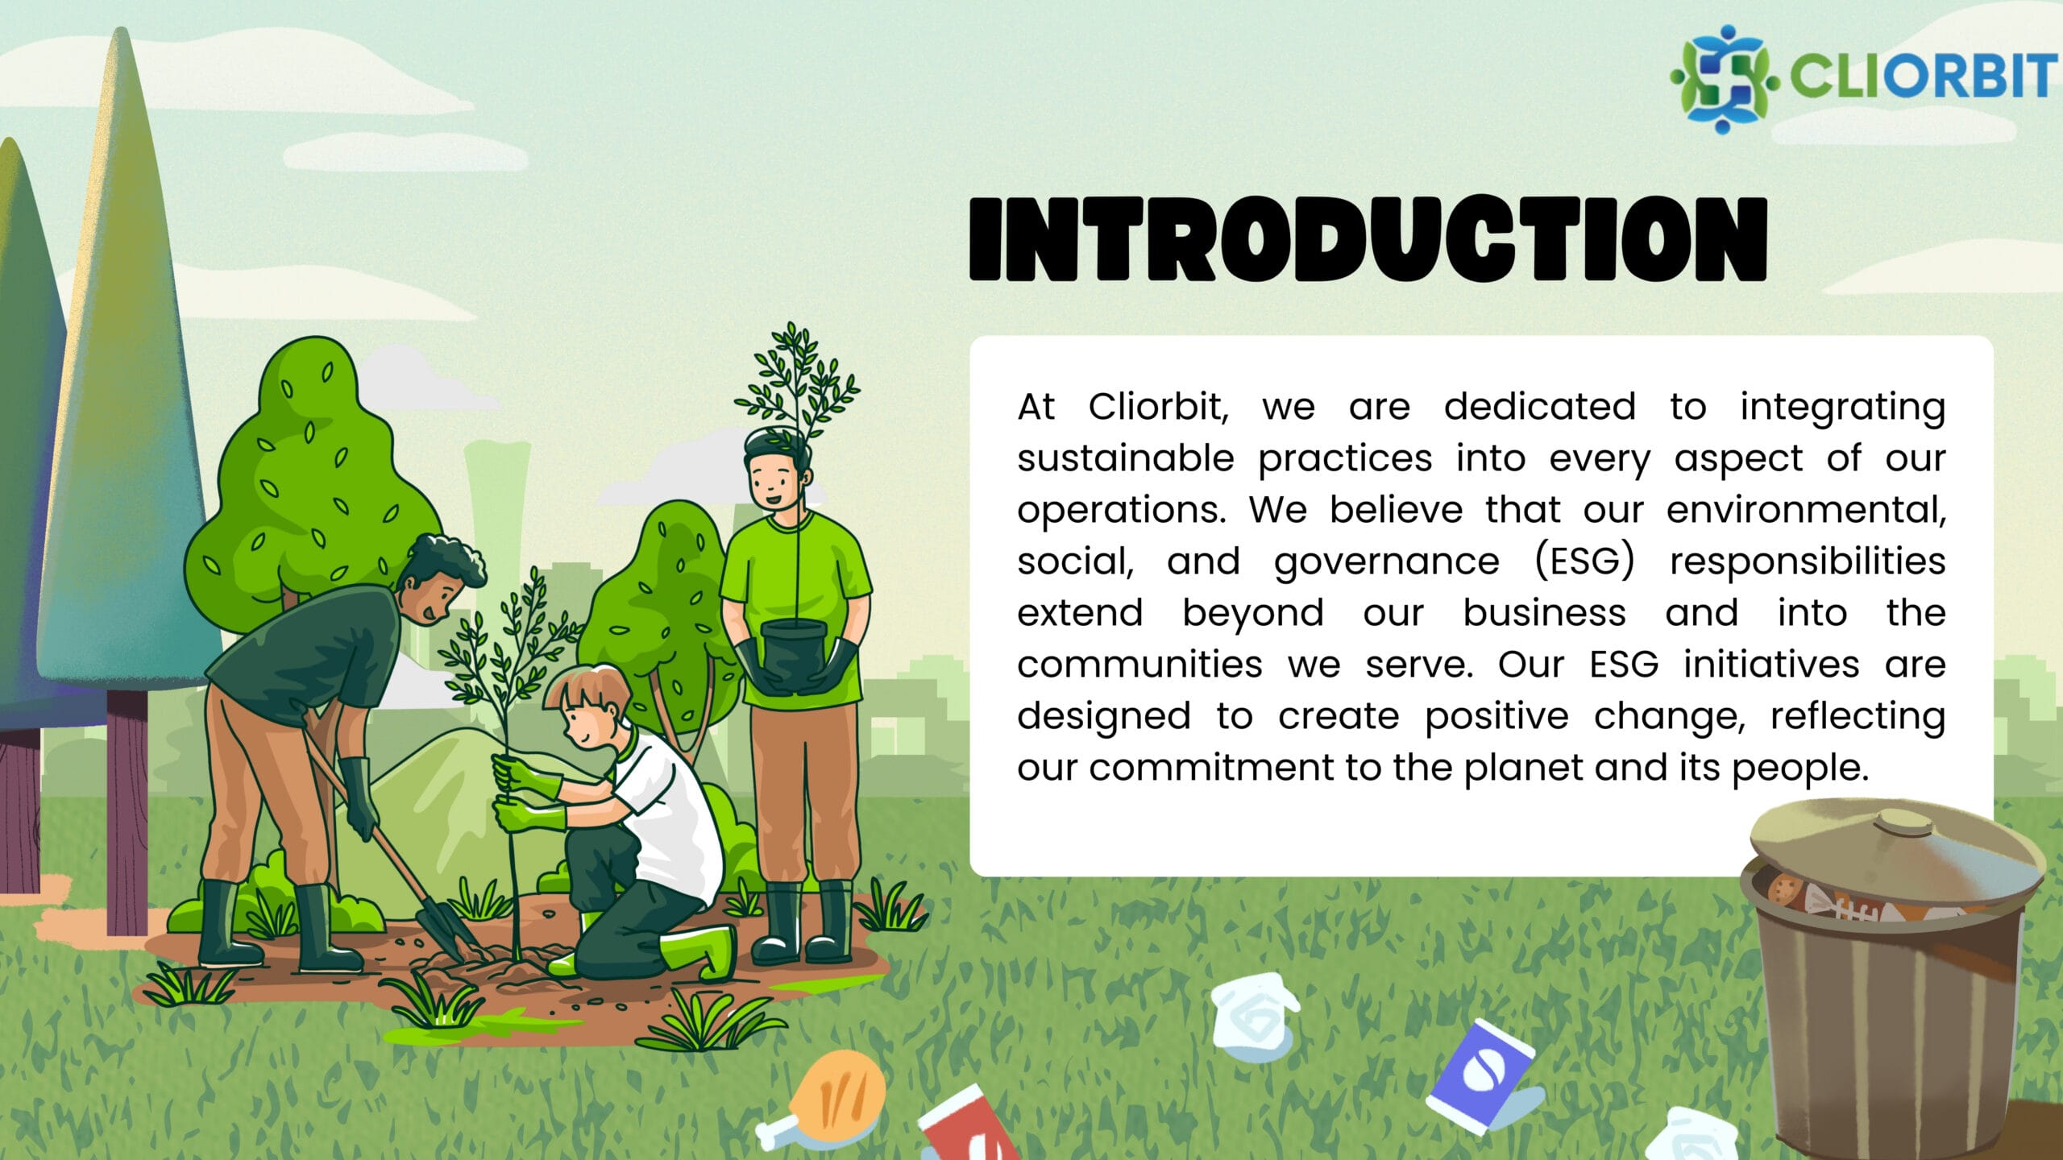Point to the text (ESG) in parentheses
click(1585, 561)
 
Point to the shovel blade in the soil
click(444, 927)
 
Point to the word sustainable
click(1125, 458)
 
